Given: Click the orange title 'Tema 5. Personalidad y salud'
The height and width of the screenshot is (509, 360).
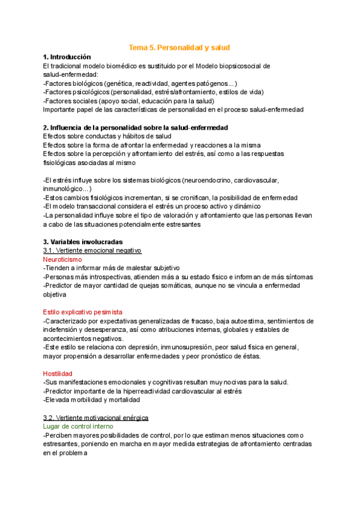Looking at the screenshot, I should (180, 47).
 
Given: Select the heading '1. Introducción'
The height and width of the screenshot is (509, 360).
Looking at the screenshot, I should (67, 56).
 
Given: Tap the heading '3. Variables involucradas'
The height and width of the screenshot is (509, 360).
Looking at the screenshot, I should (83, 242).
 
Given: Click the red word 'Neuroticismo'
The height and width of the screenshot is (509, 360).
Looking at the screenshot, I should (62, 259).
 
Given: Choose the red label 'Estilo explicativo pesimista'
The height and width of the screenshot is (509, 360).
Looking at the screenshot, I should (83, 312).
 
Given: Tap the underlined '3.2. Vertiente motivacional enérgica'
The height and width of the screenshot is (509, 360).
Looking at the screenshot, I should (96, 417).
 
